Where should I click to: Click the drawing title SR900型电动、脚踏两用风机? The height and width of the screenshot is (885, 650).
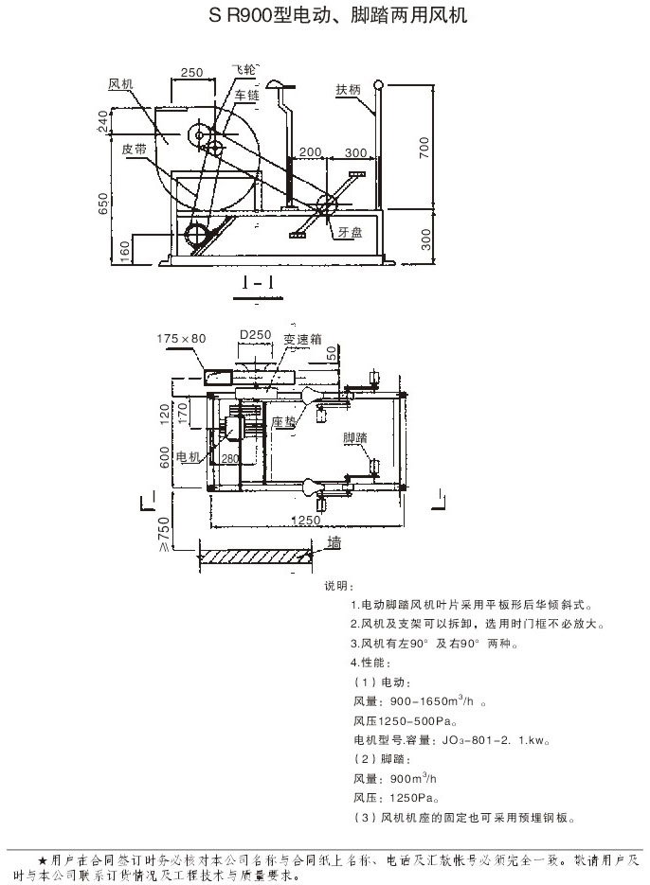[x=324, y=17]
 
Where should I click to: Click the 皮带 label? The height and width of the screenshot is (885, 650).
[x=134, y=149]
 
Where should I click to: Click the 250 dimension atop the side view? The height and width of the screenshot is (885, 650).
[x=192, y=73]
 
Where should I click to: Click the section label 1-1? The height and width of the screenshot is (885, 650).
[x=258, y=282]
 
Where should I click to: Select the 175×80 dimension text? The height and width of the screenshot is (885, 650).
[x=181, y=339]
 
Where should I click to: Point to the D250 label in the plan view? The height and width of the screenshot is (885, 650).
[x=255, y=335]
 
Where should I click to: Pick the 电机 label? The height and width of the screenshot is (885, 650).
[x=189, y=457]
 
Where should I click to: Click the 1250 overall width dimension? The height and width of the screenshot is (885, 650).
[x=304, y=521]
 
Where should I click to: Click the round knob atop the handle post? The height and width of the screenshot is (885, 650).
[x=380, y=86]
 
